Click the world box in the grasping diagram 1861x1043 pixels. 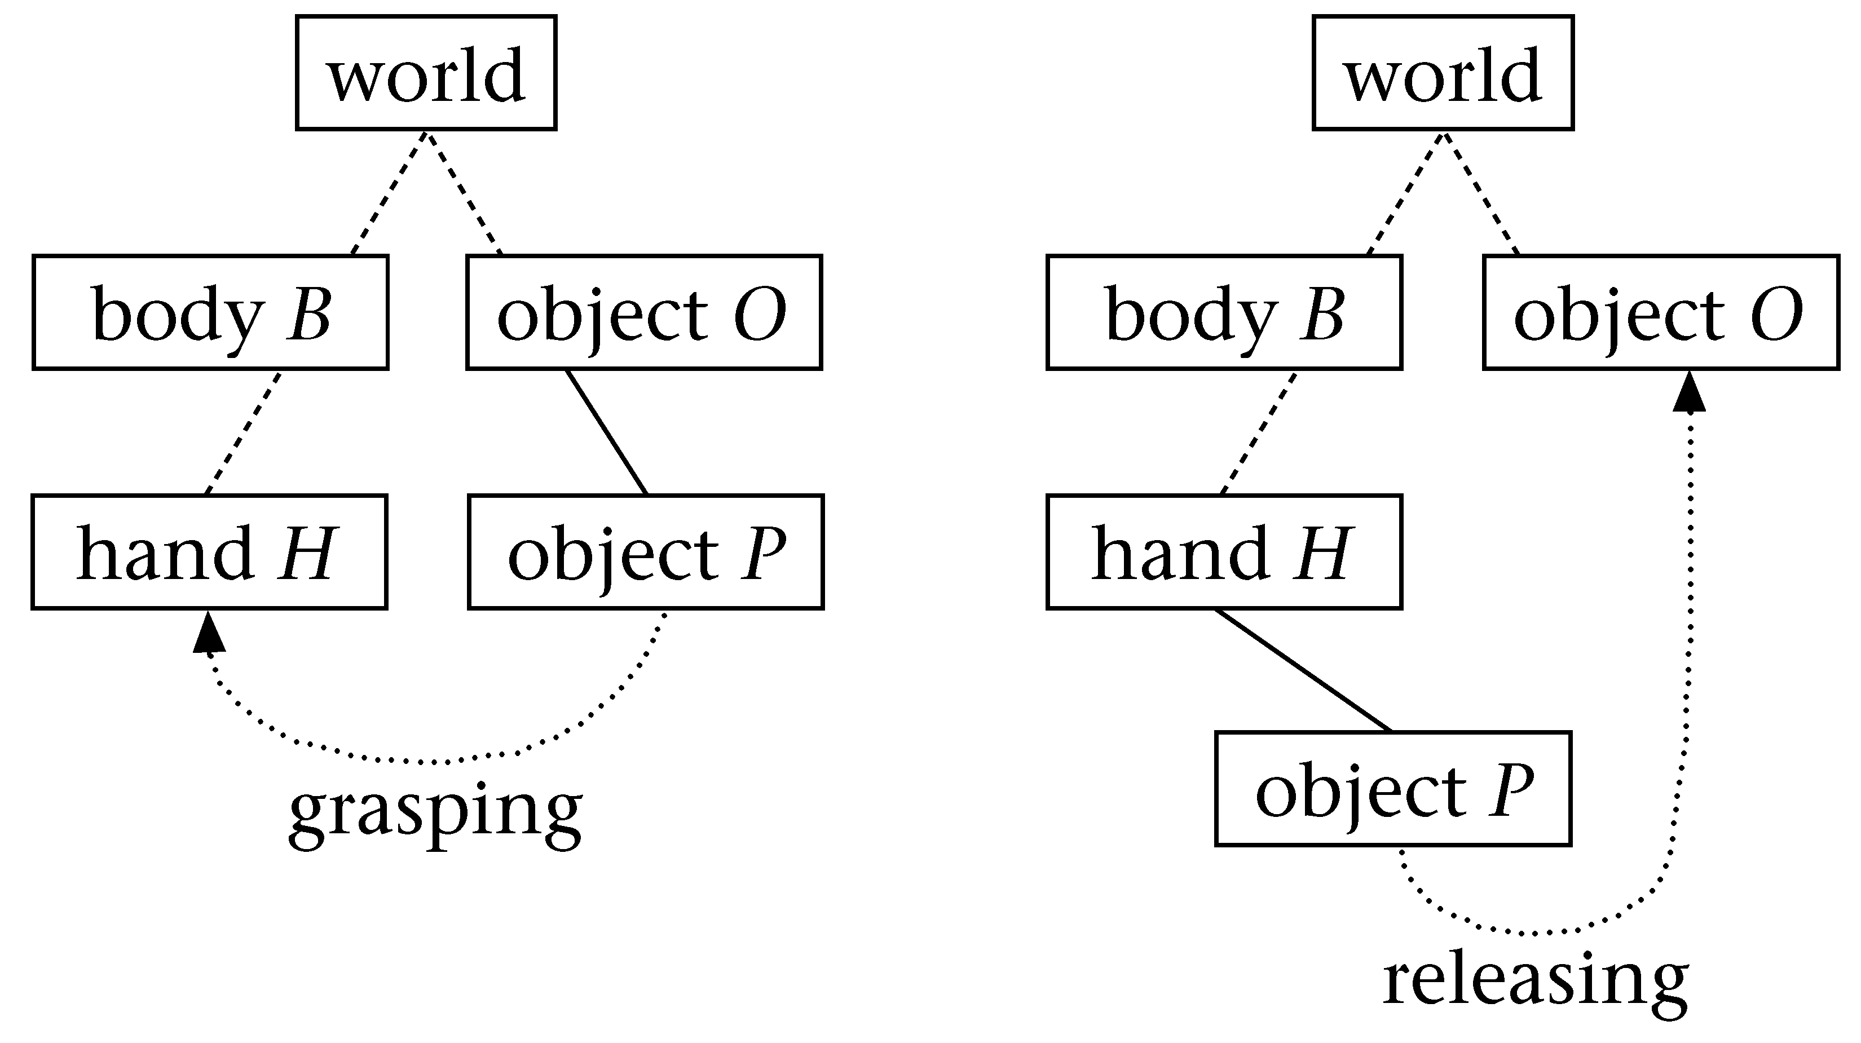(x=426, y=73)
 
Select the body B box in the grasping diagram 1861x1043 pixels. (x=210, y=313)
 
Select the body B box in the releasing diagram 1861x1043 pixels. (x=1224, y=313)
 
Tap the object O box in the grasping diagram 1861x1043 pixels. (x=645, y=313)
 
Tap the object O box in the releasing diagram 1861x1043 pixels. (x=1661, y=313)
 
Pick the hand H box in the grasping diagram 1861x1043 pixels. (x=210, y=553)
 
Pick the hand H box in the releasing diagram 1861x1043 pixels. (x=1224, y=553)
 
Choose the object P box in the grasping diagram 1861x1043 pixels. (x=646, y=553)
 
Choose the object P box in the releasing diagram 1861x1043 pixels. (x=1393, y=789)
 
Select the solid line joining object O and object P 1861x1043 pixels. (x=607, y=432)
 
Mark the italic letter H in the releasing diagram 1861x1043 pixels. (x=1323, y=554)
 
